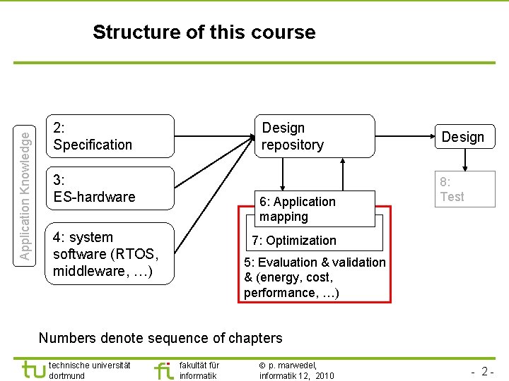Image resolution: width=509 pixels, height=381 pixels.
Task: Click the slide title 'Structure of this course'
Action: point(204,32)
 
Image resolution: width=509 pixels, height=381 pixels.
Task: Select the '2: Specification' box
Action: point(109,136)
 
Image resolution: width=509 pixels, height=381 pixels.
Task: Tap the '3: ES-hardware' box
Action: point(109,188)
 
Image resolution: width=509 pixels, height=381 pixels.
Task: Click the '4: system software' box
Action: point(109,254)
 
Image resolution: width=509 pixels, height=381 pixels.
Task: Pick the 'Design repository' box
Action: point(313,136)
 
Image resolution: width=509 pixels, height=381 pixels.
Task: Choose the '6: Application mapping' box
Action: point(315,209)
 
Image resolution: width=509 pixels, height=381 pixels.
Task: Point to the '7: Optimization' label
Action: point(294,241)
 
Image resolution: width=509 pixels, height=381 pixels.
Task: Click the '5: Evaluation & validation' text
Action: point(315,262)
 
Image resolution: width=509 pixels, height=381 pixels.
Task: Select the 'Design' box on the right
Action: point(463,137)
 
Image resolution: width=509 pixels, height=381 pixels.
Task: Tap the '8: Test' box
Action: point(463,189)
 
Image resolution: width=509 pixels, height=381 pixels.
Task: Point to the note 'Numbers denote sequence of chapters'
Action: point(160,338)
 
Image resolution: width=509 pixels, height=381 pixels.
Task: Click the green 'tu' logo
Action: point(33,370)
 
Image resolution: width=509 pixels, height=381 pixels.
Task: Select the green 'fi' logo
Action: point(163,370)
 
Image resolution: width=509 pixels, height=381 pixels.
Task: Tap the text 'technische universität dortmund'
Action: point(90,370)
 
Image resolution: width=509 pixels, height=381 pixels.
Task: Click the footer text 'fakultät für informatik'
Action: point(199,370)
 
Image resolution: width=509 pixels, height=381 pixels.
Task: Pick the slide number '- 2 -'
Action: point(482,371)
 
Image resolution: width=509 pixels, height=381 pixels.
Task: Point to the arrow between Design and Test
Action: point(464,159)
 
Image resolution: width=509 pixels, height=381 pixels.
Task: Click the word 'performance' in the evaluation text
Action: point(276,293)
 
